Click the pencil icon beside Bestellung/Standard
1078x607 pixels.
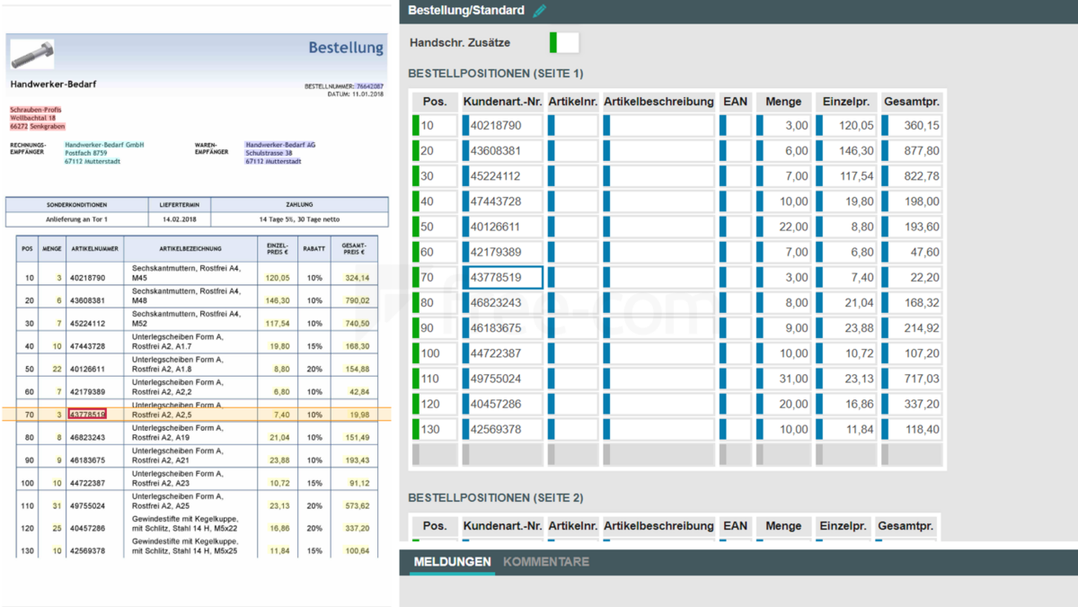[x=539, y=11]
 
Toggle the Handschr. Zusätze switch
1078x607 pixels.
[x=564, y=42]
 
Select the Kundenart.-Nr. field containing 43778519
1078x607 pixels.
[x=505, y=278]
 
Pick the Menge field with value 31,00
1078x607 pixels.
[x=784, y=379]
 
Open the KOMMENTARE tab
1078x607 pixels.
[x=546, y=562]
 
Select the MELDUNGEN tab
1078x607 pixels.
[x=452, y=562]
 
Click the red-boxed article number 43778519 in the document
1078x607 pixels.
[x=87, y=415]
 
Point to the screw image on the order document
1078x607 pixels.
[x=32, y=54]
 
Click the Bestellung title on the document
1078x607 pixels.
[x=346, y=47]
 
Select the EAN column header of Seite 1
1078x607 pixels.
[x=735, y=102]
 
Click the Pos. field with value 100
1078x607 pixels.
[x=436, y=353]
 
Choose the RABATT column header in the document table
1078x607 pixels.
[x=314, y=248]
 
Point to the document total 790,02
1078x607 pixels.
[x=358, y=300]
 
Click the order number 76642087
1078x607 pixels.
[x=369, y=86]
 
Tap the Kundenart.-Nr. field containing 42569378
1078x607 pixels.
[x=505, y=429]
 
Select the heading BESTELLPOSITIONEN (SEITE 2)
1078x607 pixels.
[x=495, y=497]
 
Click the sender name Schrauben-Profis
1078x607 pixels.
[x=36, y=110]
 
